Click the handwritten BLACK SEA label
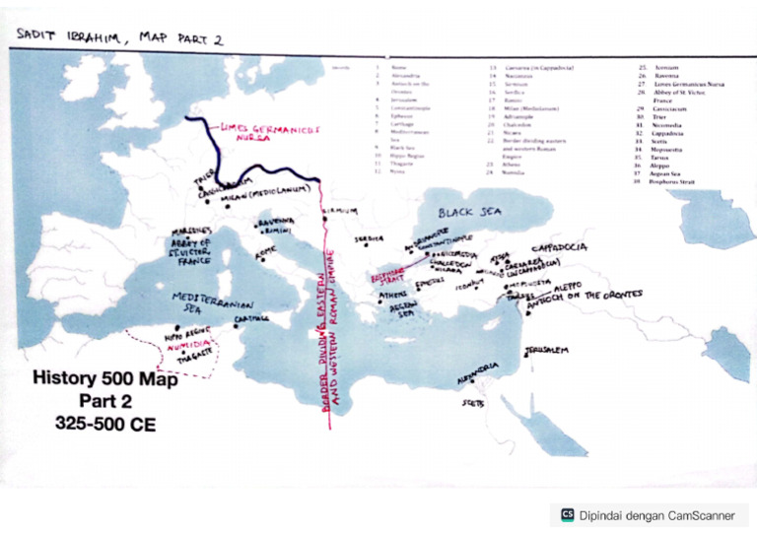(x=470, y=212)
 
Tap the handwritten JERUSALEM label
(x=547, y=350)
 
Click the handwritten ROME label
(x=267, y=252)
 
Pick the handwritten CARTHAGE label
(x=252, y=318)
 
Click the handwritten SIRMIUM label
(x=341, y=210)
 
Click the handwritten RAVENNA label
(x=276, y=223)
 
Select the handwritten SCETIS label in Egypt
(x=474, y=402)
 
